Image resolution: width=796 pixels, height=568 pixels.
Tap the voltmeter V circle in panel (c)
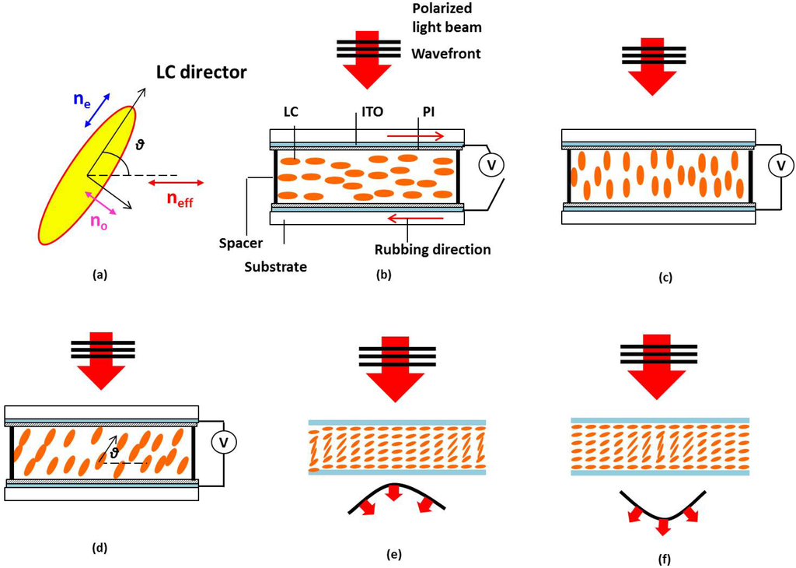pos(778,165)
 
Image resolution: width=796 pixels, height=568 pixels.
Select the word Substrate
pos(275,266)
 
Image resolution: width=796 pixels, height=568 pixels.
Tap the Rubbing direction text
pos(431,250)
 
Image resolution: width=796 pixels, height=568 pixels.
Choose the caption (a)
pos(99,275)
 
